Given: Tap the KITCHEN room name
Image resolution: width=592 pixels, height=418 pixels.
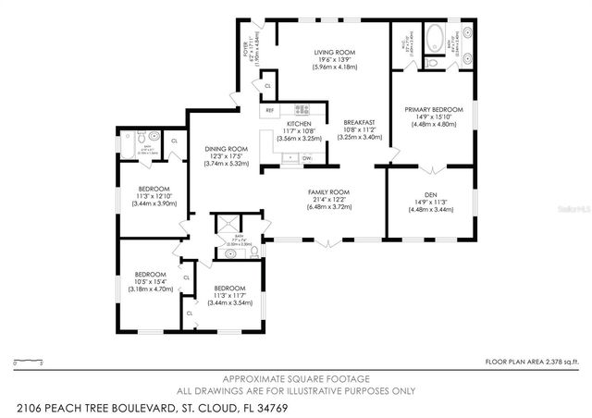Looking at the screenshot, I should (298, 124).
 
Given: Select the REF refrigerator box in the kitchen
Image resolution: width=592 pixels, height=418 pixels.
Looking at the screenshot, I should (269, 110).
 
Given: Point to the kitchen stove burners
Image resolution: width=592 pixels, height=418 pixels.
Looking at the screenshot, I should (301, 109).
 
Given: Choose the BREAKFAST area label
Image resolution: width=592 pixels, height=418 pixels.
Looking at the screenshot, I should (359, 122).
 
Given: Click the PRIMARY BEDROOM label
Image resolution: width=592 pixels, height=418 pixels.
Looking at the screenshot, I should (434, 109).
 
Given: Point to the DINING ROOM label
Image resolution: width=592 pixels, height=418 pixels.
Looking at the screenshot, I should (226, 148).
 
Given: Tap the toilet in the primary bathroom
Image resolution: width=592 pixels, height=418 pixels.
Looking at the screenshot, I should (433, 63).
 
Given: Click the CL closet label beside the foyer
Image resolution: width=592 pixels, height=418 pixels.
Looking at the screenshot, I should (267, 85).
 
